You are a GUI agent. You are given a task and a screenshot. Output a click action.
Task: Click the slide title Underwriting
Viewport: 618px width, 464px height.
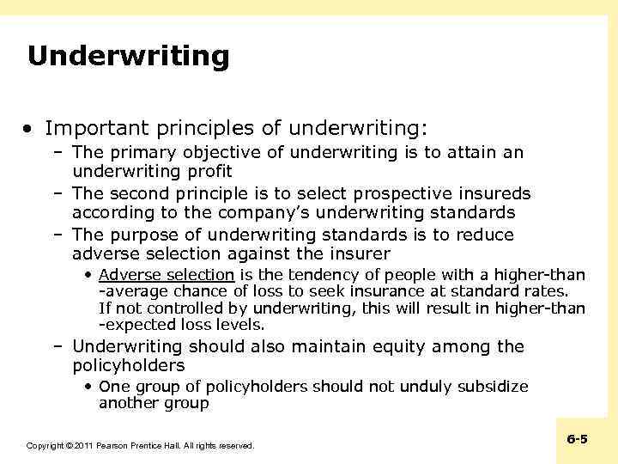(129, 57)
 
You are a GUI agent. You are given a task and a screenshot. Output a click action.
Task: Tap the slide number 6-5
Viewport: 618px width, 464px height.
(578, 439)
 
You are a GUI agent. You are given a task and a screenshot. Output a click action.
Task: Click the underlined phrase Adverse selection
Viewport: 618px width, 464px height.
(167, 275)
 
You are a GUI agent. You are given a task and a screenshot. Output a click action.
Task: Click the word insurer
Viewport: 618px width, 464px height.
(360, 253)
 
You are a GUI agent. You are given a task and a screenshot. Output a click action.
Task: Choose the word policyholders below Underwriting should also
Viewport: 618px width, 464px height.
(129, 366)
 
